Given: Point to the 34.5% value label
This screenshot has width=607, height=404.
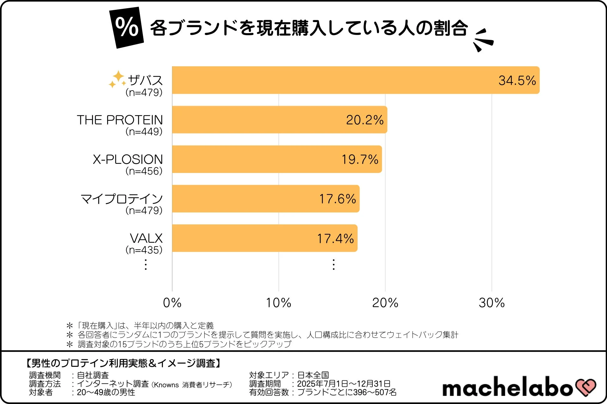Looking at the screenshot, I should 517,80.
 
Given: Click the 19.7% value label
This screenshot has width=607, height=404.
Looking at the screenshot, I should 360,159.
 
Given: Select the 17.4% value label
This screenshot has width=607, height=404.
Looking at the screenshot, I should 335,239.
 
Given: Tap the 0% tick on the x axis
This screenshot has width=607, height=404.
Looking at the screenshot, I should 172,303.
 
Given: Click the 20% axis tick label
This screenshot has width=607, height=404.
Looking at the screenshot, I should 385,303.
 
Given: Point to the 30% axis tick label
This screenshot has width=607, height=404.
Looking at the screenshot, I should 492,303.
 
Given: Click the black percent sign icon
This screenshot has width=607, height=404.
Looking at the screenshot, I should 127,28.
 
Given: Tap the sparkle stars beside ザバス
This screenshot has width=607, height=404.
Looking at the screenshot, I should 117,79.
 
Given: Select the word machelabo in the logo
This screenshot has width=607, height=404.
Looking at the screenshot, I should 507,387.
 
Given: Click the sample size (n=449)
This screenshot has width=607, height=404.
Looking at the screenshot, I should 144,132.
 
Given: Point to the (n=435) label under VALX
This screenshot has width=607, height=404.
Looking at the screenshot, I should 144,250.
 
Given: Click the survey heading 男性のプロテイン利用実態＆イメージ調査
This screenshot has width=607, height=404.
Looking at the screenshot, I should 123,363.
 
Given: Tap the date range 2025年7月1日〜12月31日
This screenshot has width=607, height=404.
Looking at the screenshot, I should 344,384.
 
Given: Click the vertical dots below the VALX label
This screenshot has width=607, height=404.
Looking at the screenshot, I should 145,264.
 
